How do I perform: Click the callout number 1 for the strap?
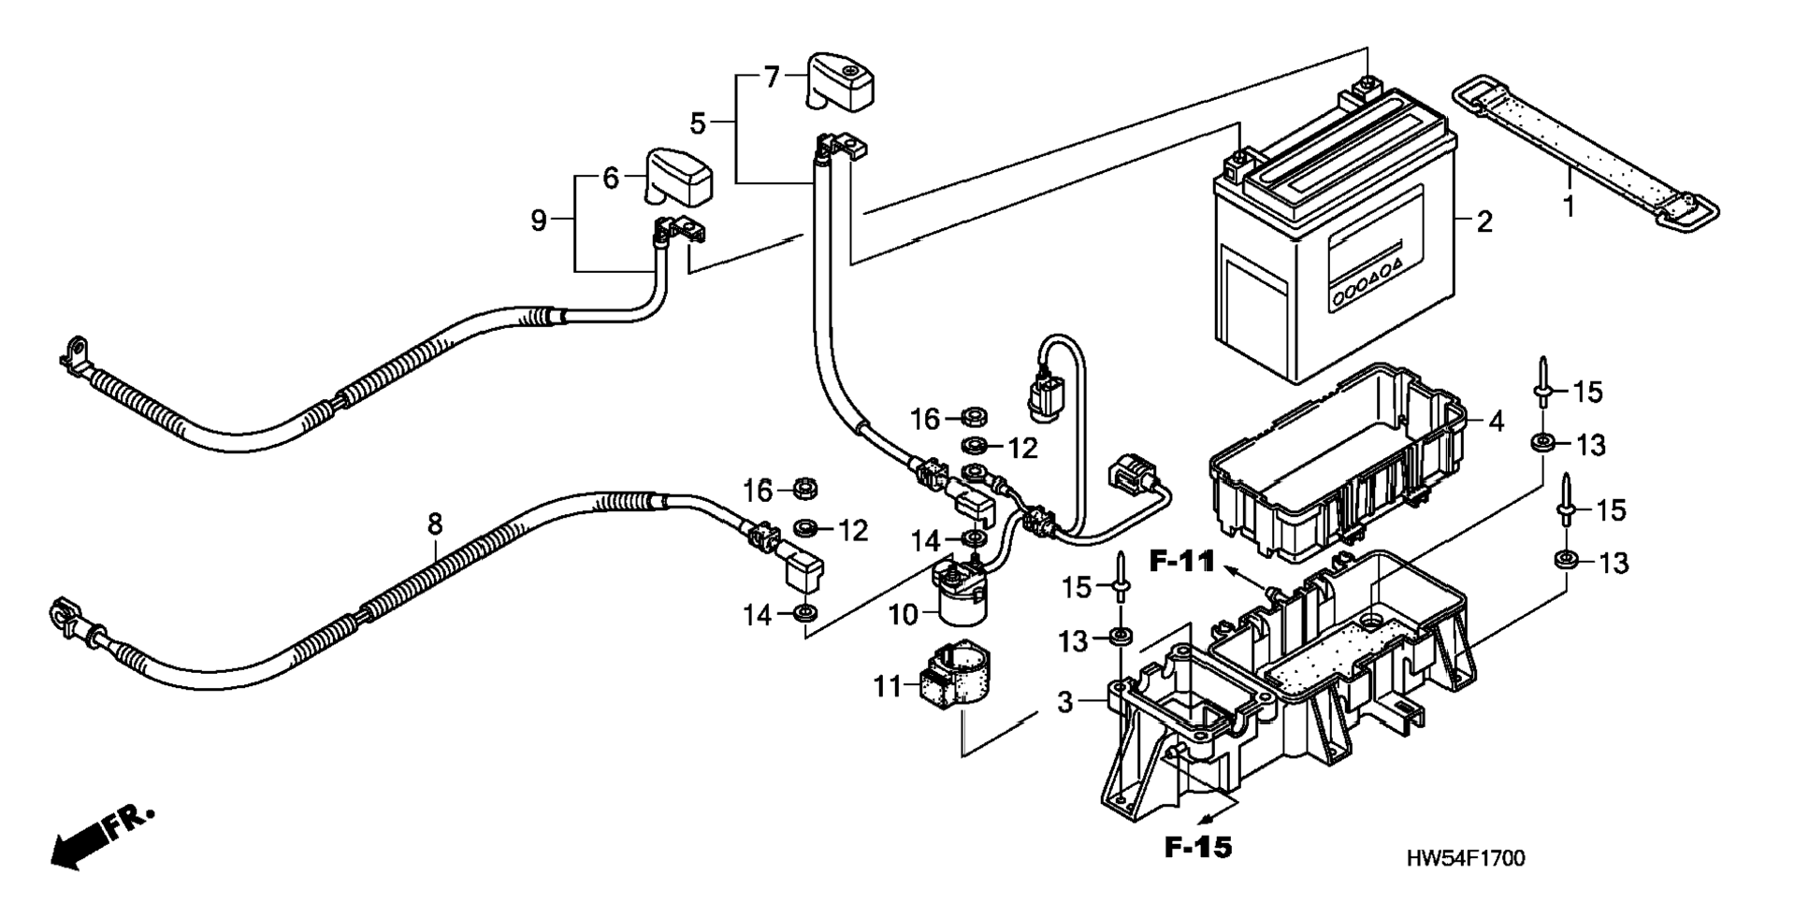pyautogui.click(x=1569, y=206)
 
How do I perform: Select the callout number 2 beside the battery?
pyautogui.click(x=1484, y=222)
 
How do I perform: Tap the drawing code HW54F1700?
pyautogui.click(x=1465, y=858)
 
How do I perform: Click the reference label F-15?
pyautogui.click(x=1198, y=847)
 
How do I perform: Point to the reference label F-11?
pyautogui.click(x=1181, y=562)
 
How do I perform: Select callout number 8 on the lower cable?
pyautogui.click(x=435, y=524)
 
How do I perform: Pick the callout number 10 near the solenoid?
pyautogui.click(x=904, y=614)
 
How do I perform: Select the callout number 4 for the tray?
pyautogui.click(x=1496, y=422)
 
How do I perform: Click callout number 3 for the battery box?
pyautogui.click(x=1065, y=702)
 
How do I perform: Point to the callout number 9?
pyautogui.click(x=539, y=221)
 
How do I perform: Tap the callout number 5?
pyautogui.click(x=698, y=122)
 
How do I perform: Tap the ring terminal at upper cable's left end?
pyautogui.click(x=73, y=355)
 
